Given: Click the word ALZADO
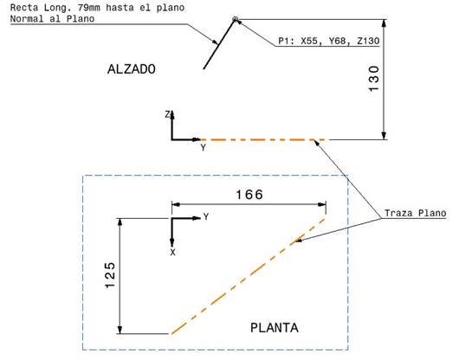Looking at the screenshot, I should tap(132, 68).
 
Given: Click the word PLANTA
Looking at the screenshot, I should tap(274, 328).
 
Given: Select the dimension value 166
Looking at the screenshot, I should tap(249, 194).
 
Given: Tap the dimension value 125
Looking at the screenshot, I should tap(110, 276).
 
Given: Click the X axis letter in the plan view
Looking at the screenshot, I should tap(172, 252).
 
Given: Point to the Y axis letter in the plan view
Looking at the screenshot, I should tap(205, 216).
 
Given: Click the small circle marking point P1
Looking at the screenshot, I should tap(236, 19).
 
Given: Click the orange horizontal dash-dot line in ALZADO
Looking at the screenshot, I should tap(260, 139).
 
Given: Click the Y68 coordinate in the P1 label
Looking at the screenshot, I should tap(335, 41).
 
